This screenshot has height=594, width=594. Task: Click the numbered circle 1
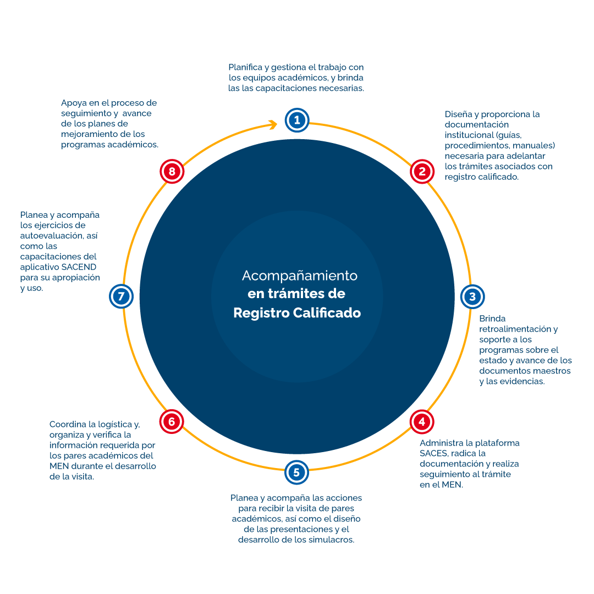(x=297, y=120)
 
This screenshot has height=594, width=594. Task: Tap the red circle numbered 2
(x=422, y=172)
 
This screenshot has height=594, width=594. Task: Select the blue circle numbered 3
(x=472, y=297)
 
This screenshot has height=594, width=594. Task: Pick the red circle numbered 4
(x=422, y=422)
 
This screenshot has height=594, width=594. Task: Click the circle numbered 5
(x=296, y=472)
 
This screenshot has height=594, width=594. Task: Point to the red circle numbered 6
(x=172, y=422)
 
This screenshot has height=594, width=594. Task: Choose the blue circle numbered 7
(x=122, y=297)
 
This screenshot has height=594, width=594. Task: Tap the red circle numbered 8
(x=172, y=172)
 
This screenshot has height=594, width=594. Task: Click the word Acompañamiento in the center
(x=300, y=275)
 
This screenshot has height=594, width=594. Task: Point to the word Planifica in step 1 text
(x=245, y=67)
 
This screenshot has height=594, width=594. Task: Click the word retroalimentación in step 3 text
(x=518, y=329)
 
